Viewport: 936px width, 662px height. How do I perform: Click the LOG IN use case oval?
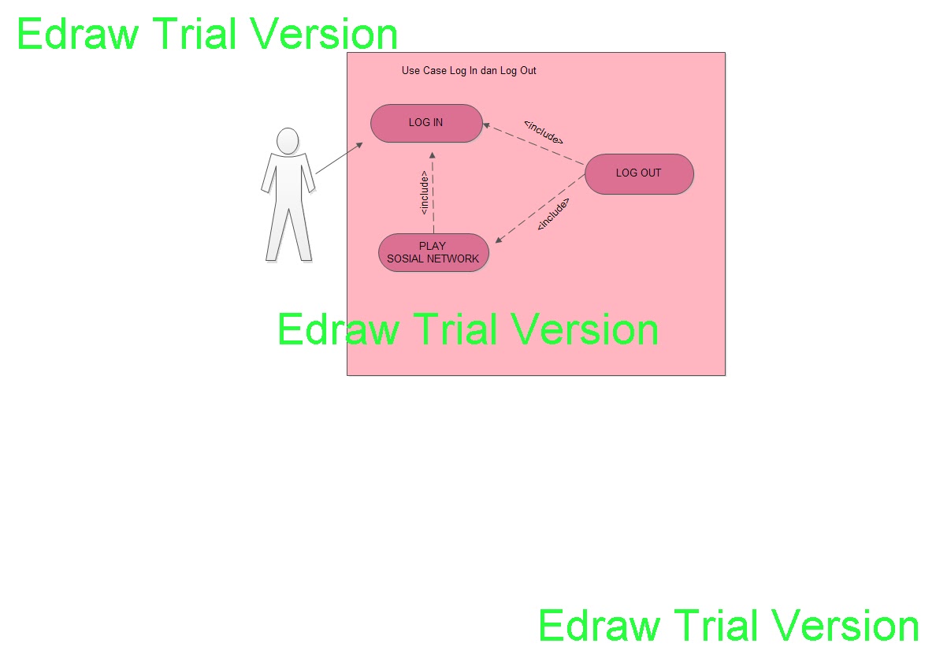(426, 123)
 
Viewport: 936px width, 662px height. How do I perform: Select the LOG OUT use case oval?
(639, 173)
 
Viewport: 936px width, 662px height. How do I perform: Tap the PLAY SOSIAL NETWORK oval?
(433, 252)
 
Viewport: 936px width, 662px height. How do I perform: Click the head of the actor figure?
(288, 141)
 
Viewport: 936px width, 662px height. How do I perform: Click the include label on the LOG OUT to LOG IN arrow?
(544, 132)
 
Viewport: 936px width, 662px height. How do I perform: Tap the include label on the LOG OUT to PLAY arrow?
(553, 214)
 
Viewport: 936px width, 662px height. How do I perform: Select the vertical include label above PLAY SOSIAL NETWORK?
(424, 193)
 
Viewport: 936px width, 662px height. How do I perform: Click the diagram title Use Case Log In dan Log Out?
(469, 71)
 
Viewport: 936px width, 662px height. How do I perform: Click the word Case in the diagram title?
(434, 71)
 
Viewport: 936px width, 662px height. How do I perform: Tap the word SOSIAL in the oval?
(406, 258)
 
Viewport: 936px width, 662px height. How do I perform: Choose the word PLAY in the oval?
(433, 246)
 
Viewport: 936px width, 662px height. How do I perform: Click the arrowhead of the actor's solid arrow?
(359, 145)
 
